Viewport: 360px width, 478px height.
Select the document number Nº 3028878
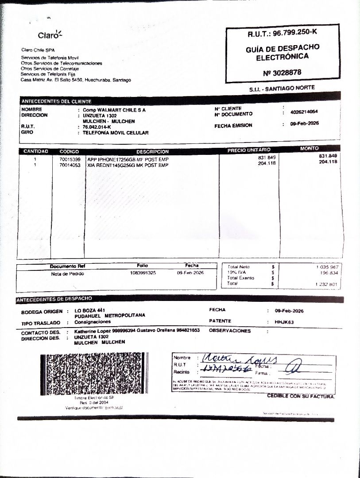coord(283,72)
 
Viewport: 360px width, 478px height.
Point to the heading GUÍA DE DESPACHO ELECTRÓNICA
coord(283,52)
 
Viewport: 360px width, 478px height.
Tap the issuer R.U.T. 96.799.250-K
coord(283,33)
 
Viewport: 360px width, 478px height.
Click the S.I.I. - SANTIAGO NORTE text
coord(282,89)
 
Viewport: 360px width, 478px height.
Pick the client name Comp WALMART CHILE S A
coord(114,109)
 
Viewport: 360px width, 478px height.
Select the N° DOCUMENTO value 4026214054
coord(304,112)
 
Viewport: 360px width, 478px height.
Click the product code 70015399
coord(70,159)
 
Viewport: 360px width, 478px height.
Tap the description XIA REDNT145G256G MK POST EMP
coord(128,165)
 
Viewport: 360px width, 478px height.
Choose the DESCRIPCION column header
coord(152,152)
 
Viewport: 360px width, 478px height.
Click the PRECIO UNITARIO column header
coord(249,150)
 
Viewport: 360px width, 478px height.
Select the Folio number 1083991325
coord(143,273)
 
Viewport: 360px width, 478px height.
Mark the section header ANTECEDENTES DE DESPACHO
coord(54,299)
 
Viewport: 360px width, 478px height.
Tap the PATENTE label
coord(220,321)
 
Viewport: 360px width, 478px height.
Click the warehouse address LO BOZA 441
coord(89,310)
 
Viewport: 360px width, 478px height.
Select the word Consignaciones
coord(93,322)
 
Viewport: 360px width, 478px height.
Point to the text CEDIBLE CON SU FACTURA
coord(301,396)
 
